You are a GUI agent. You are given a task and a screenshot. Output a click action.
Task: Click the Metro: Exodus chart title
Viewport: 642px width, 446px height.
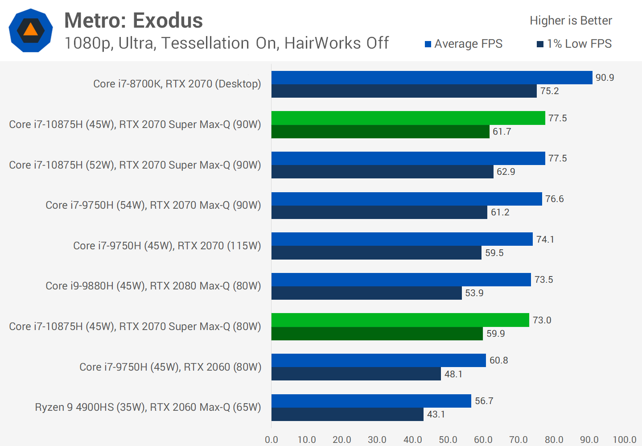coord(133,21)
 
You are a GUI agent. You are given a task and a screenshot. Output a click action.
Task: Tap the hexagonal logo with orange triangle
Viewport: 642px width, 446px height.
coord(31,30)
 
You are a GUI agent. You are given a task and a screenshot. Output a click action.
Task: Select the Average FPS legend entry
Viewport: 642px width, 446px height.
coord(464,44)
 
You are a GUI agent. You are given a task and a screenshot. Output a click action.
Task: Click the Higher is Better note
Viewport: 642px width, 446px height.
coord(571,21)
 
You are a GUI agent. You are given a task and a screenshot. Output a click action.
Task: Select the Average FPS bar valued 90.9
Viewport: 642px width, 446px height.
coord(432,78)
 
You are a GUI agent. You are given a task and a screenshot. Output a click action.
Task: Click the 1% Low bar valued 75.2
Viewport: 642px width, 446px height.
coord(404,91)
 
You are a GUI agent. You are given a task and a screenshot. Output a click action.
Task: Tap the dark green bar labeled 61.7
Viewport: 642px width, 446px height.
coord(380,132)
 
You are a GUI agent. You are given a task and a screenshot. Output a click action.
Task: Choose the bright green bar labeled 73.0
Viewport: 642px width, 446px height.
coord(400,320)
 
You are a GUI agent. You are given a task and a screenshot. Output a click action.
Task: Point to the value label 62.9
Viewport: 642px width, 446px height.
coord(506,172)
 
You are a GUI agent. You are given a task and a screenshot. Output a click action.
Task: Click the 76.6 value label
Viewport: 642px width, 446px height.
coord(554,199)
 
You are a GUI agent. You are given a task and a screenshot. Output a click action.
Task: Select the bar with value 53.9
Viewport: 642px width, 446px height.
coord(366,293)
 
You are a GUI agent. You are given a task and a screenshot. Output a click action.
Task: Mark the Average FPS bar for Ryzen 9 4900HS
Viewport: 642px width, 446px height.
coord(371,401)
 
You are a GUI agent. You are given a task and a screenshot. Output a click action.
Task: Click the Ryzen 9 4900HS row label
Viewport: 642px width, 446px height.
coord(148,407)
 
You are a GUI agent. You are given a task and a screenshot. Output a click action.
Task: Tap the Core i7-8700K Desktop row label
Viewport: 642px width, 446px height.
coord(177,84)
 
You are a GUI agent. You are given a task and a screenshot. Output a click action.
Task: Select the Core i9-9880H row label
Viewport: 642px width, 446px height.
coord(153,286)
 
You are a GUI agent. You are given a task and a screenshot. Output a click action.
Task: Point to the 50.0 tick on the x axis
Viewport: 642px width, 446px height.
coord(448,440)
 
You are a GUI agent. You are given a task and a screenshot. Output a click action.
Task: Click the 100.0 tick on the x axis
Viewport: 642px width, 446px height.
coord(624,440)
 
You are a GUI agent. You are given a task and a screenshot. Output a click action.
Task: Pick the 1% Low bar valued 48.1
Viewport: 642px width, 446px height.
coord(356,374)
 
